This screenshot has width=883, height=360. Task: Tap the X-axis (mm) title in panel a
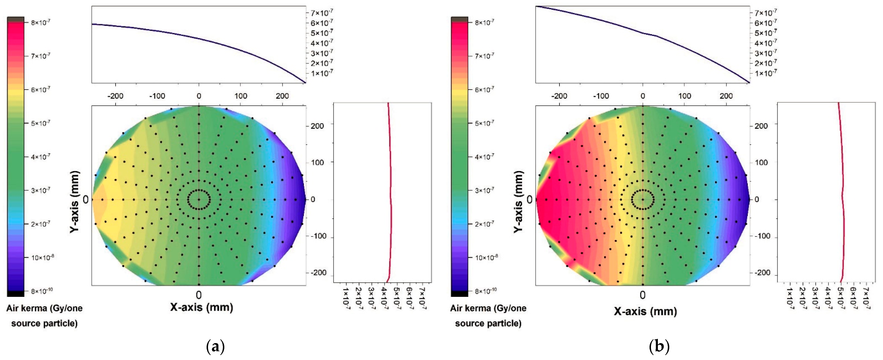tap(202, 307)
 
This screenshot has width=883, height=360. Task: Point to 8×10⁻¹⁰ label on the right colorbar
tap(484, 291)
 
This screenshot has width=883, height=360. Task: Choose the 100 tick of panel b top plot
tap(685, 96)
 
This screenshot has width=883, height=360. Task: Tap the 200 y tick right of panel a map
tap(317, 126)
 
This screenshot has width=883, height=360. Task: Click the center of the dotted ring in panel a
tap(199, 199)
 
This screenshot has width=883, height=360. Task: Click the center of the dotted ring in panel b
tap(643, 199)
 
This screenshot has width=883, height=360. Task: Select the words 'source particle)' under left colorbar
tap(44, 323)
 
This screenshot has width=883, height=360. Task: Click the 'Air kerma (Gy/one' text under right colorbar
tap(488, 308)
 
